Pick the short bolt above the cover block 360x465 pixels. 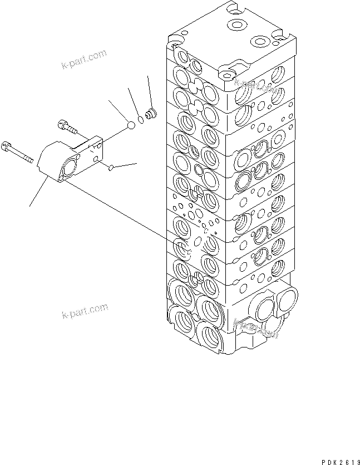(x=67, y=128)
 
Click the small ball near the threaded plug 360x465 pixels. (x=131, y=125)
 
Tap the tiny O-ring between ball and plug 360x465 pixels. (x=141, y=120)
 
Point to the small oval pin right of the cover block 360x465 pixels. (x=111, y=167)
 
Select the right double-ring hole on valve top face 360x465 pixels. (x=259, y=42)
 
